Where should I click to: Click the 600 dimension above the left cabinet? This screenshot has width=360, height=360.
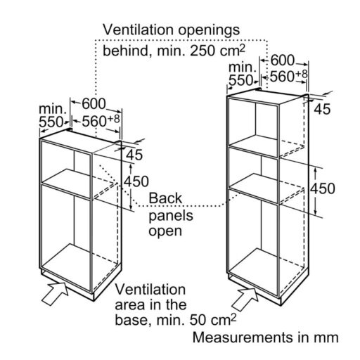click(x=94, y=103)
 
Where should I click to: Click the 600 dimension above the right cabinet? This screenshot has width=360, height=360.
click(x=283, y=60)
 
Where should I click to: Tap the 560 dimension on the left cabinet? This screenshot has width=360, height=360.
click(x=94, y=122)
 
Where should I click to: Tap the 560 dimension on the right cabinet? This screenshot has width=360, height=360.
click(x=282, y=77)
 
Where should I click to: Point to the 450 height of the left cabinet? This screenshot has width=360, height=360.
click(x=136, y=181)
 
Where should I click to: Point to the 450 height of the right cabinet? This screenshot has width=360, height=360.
click(x=323, y=188)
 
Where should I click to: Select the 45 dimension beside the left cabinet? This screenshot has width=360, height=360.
click(x=134, y=155)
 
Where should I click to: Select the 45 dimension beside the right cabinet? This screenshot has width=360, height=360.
click(x=322, y=109)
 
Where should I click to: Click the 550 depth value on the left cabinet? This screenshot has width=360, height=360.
click(x=51, y=122)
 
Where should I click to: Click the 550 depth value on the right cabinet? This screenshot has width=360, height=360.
click(x=240, y=80)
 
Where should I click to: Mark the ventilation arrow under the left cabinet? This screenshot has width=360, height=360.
click(x=55, y=293)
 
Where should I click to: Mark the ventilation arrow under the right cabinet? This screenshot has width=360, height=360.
click(x=245, y=300)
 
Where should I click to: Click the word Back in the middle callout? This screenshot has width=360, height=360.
click(x=165, y=198)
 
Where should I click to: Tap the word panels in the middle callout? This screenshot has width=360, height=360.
click(x=171, y=216)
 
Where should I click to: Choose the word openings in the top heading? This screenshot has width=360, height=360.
click(x=209, y=31)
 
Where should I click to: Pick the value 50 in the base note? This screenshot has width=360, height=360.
click(x=198, y=320)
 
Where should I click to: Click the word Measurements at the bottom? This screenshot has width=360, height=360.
click(x=243, y=337)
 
